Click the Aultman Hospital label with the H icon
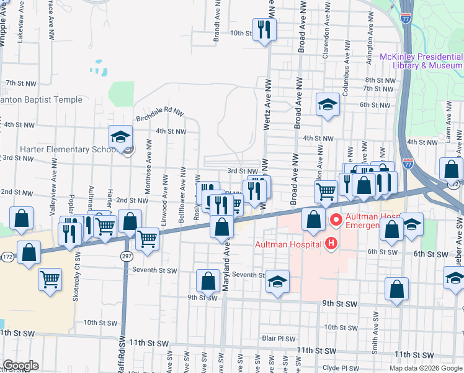click(288, 244)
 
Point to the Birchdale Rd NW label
click(160, 114)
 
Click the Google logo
click(20, 366)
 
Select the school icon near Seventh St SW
click(278, 282)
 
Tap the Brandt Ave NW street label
click(217, 22)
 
